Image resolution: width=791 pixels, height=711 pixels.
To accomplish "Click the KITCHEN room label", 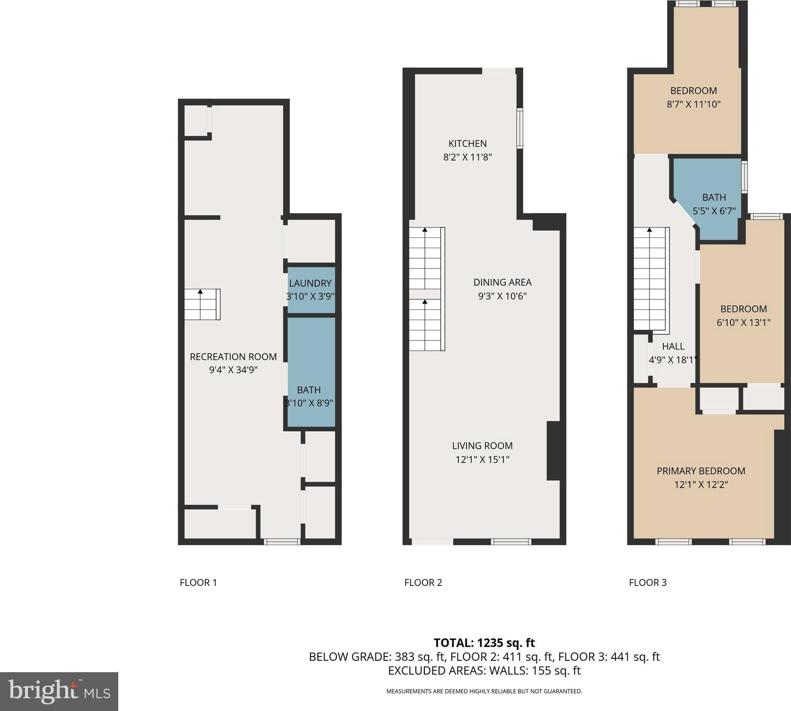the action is [x=467, y=144].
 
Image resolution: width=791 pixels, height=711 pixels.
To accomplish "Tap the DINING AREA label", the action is [x=502, y=282].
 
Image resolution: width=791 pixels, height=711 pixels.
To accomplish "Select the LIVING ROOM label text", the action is [x=482, y=446].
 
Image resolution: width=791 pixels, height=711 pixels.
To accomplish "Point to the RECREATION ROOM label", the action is [x=233, y=357].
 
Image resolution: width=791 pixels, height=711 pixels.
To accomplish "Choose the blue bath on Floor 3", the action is [x=710, y=199].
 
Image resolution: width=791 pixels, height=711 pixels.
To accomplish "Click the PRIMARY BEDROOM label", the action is [x=701, y=471].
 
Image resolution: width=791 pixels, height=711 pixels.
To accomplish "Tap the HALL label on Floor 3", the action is [x=673, y=346].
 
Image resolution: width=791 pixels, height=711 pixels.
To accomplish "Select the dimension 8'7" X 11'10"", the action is [x=694, y=104].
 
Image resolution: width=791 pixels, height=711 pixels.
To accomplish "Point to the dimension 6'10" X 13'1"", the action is [x=743, y=323].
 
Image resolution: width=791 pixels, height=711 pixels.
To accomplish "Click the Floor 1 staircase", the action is [x=202, y=304].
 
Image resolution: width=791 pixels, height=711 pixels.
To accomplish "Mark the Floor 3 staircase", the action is [x=651, y=279].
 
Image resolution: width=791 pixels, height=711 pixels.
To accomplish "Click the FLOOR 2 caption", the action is [x=423, y=583].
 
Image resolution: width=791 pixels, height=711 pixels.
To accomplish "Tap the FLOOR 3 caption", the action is [x=648, y=583].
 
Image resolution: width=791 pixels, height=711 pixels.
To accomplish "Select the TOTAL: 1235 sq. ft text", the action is [x=484, y=643].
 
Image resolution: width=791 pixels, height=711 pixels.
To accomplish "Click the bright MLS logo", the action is [x=59, y=692].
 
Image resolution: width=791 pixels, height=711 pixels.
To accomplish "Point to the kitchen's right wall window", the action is [x=519, y=128].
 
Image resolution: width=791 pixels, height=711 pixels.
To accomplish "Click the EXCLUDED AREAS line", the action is [x=484, y=671].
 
